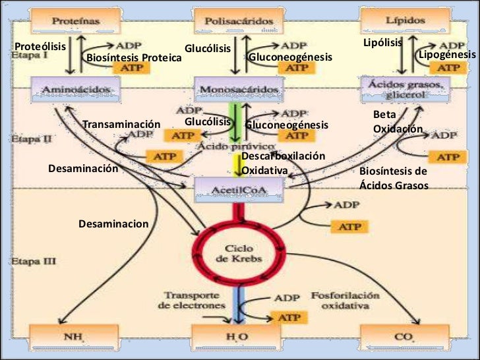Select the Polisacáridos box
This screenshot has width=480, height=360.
click(x=239, y=20)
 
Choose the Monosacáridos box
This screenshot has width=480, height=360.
click(x=239, y=89)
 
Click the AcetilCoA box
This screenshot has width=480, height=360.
click(x=239, y=191)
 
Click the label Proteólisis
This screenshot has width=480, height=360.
click(x=40, y=47)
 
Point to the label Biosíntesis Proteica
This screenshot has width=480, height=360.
click(x=134, y=59)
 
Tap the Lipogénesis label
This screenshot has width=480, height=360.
click(x=447, y=54)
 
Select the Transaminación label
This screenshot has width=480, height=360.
click(x=121, y=125)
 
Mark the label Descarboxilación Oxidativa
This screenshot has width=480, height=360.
click(x=284, y=163)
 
